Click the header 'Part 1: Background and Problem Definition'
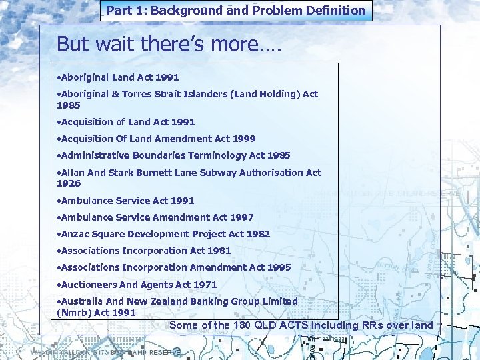tap(236, 10)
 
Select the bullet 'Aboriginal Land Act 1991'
tap(119, 77)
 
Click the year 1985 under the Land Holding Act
tap(69, 105)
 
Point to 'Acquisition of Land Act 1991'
tap(127, 122)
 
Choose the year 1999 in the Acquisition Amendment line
tap(244, 139)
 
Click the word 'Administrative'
tap(95, 155)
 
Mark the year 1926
tap(69, 183)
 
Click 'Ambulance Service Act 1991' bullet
tap(127, 201)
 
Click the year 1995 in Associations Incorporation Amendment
tap(279, 267)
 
